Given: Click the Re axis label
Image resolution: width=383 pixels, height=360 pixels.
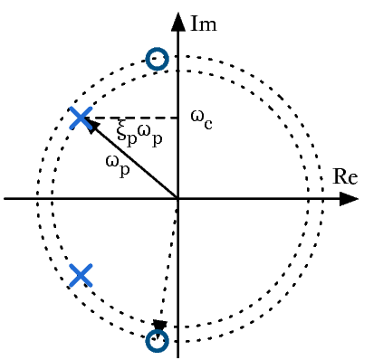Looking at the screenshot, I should (x=345, y=177).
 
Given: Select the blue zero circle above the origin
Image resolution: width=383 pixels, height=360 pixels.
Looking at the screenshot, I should (x=158, y=60).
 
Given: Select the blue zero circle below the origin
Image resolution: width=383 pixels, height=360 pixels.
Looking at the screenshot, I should (x=158, y=341).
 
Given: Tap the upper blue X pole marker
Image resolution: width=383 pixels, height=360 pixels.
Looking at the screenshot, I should (x=81, y=118).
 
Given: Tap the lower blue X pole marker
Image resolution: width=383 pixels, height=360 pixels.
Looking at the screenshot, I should (x=81, y=275).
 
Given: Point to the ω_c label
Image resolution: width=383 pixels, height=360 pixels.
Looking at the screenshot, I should (x=201, y=117).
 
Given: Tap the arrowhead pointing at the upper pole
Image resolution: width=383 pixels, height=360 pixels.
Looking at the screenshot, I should (x=91, y=125).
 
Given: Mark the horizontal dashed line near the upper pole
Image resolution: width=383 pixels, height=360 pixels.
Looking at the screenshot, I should (x=136, y=118).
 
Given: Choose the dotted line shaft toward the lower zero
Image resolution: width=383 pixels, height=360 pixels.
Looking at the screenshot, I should (x=169, y=262).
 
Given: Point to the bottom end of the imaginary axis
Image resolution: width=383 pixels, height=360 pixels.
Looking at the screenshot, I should (x=177, y=355).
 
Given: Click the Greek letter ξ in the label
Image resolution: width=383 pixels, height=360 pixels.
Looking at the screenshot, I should (x=122, y=131).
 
